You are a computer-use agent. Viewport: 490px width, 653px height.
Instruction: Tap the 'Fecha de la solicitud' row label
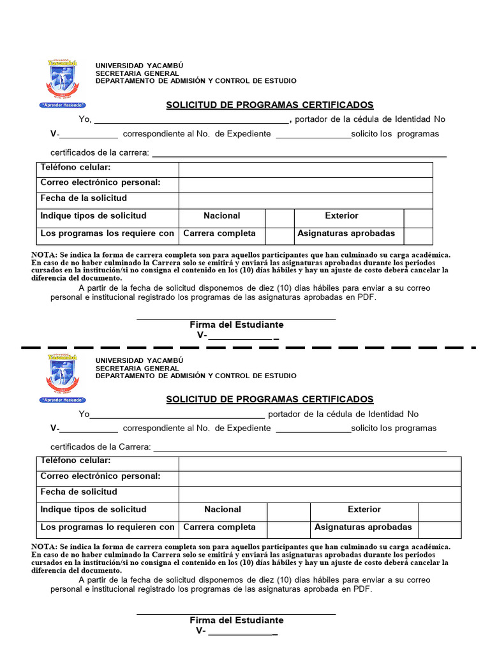pyautogui.click(x=84, y=198)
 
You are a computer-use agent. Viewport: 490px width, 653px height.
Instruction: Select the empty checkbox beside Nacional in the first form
pyautogui.click(x=279, y=216)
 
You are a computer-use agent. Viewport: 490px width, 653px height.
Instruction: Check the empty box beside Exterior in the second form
pyautogui.click(x=439, y=510)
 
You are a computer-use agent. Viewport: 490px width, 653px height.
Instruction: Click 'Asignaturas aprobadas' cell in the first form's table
pyautogui.click(x=346, y=233)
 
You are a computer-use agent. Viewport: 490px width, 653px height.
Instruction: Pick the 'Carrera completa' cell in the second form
pyautogui.click(x=219, y=527)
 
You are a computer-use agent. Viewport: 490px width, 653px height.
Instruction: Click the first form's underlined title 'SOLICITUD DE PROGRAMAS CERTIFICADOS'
pyautogui.click(x=270, y=105)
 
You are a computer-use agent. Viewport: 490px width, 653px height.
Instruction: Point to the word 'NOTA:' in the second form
pyautogui.click(x=44, y=547)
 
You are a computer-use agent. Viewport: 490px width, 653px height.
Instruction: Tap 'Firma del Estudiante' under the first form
pyautogui.click(x=236, y=325)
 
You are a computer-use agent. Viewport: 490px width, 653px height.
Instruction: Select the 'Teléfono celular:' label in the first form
pyautogui.click(x=76, y=167)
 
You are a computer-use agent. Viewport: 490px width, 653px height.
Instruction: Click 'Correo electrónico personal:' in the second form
pyautogui.click(x=100, y=476)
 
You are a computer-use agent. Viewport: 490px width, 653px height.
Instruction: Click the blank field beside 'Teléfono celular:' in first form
pyautogui.click(x=305, y=170)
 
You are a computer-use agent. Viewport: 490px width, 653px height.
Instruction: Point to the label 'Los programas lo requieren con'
pyautogui.click(x=107, y=527)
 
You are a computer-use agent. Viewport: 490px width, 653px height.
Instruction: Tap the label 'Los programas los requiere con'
pyautogui.click(x=107, y=233)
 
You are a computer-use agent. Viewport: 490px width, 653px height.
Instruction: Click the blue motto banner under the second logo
pyautogui.click(x=63, y=400)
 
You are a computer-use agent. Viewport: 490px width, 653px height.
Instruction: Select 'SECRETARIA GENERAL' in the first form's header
pyautogui.click(x=137, y=73)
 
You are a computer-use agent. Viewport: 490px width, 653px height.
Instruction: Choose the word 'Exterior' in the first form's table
pyautogui.click(x=341, y=216)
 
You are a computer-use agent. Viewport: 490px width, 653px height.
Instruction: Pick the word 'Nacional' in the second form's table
pyautogui.click(x=223, y=510)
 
